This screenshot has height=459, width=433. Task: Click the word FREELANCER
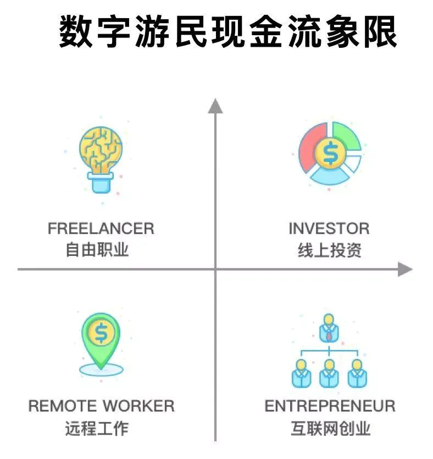click(x=101, y=228)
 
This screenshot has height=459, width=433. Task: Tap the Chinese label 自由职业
click(x=97, y=250)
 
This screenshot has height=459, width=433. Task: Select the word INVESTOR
click(x=329, y=228)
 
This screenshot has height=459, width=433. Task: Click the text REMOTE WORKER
click(x=102, y=406)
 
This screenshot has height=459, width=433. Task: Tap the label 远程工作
click(x=97, y=428)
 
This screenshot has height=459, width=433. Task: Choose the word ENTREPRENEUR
click(x=330, y=406)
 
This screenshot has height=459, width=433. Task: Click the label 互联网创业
click(x=330, y=428)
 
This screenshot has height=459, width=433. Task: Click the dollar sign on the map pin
click(x=101, y=332)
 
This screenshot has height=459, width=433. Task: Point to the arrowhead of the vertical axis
click(x=215, y=105)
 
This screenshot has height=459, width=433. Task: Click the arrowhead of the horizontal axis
click(x=405, y=269)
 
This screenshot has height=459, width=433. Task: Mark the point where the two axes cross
click(x=215, y=269)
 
